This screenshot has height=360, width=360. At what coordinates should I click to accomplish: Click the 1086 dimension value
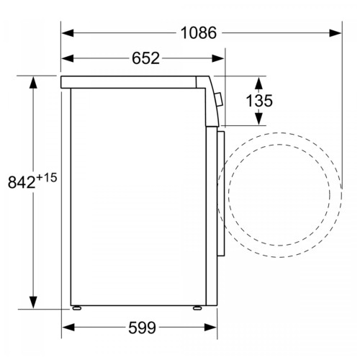199,33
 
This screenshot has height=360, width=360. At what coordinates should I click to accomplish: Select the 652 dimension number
145,58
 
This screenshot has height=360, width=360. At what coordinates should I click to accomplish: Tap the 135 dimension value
259,101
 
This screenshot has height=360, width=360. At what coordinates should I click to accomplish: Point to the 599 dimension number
142,328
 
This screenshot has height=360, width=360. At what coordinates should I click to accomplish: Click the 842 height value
22,182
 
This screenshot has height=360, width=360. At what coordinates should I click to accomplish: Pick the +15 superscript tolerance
47,178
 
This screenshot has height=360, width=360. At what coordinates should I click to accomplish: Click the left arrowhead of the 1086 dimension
68,33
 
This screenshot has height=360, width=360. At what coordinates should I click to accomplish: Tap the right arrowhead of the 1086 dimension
336,33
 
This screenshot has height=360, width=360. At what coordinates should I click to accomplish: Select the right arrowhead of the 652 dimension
218,58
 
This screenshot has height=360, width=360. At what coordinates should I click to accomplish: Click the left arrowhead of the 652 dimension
68,58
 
